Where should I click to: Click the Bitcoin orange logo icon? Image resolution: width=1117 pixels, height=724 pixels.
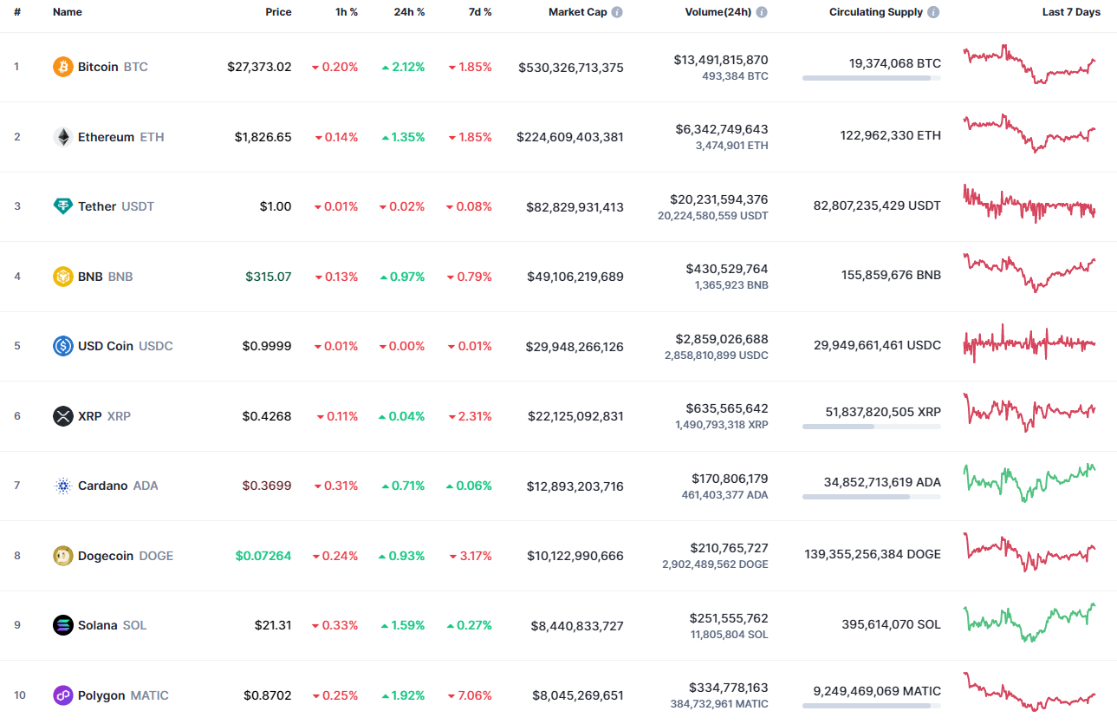coord(63,67)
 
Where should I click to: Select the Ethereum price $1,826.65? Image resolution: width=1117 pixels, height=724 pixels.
coord(263,137)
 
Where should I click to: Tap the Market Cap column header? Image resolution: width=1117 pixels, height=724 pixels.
coord(577,12)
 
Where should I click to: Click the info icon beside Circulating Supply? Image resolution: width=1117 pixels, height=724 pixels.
coord(933,13)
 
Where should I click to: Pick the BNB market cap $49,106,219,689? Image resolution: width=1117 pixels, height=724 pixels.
coord(575,277)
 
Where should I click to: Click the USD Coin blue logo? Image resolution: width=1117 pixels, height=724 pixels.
coord(63,346)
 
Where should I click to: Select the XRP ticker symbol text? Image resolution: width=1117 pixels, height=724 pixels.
coord(119,416)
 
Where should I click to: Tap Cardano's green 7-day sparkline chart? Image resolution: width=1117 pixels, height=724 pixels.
coord(1029,482)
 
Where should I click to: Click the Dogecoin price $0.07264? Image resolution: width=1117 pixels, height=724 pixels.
coord(263,556)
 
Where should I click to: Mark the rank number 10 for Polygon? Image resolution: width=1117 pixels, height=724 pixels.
coord(20,695)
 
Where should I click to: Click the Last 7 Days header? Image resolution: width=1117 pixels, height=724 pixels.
coord(1071,12)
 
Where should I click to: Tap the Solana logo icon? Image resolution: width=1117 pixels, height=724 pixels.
coord(63,625)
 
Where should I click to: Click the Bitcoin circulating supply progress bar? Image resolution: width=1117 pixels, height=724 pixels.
coord(871,78)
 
